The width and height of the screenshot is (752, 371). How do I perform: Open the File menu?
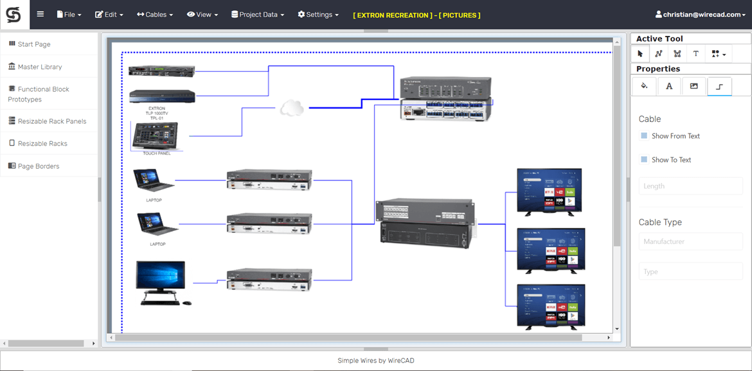click(69, 14)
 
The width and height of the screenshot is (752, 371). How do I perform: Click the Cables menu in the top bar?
click(155, 14)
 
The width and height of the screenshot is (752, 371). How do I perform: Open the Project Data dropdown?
click(257, 14)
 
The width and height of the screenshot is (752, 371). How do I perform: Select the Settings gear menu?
click(318, 14)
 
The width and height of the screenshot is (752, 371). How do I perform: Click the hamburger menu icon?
click(40, 14)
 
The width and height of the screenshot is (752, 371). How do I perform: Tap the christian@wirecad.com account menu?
click(700, 14)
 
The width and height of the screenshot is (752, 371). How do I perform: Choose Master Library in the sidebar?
click(39, 67)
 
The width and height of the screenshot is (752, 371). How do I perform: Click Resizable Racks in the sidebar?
click(42, 144)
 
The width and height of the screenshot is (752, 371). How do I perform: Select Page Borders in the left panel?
click(38, 166)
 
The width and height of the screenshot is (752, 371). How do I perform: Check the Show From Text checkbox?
click(644, 136)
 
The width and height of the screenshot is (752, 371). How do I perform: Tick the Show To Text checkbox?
click(644, 160)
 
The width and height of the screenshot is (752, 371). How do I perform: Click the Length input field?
click(690, 186)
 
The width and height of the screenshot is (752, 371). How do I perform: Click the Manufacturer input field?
click(690, 242)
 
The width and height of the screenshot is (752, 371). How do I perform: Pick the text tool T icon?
click(695, 54)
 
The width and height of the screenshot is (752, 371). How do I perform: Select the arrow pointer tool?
click(640, 54)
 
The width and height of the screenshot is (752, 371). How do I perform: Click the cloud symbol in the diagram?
click(292, 108)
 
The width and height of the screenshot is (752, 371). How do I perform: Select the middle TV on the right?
click(551, 250)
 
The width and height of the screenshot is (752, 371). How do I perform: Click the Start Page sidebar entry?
click(33, 44)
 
